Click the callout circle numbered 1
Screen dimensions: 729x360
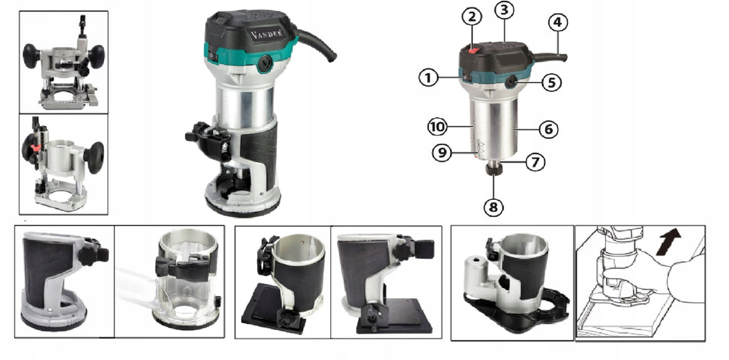(428, 78)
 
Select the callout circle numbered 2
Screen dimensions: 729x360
(472, 17)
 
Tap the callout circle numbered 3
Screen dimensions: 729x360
(505, 11)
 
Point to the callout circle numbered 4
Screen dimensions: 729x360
(558, 22)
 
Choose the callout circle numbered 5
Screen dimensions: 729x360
(552, 83)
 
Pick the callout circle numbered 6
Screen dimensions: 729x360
(549, 129)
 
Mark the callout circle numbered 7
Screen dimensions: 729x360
(535, 162)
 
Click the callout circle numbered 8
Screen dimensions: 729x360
(493, 207)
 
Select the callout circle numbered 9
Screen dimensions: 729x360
(441, 152)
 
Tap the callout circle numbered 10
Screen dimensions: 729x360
(438, 127)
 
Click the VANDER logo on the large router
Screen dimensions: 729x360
(267, 34)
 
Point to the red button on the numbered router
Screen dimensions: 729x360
(473, 51)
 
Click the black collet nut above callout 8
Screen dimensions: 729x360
(494, 169)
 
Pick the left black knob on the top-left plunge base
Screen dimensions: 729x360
(31, 55)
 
